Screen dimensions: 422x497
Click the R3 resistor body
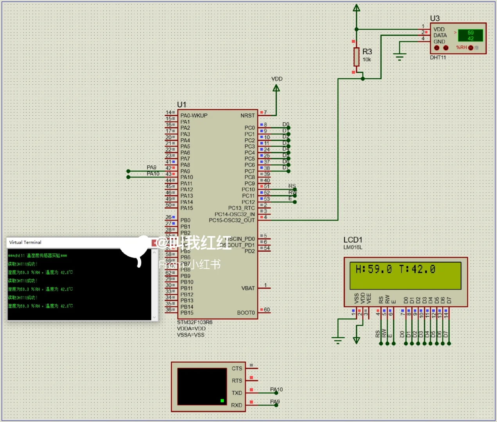click(356, 57)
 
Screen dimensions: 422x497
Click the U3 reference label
click(435, 18)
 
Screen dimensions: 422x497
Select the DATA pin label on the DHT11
click(440, 35)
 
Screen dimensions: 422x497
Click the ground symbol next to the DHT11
click(399, 57)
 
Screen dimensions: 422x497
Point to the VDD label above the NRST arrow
click(277, 79)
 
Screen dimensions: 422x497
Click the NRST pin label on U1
click(248, 116)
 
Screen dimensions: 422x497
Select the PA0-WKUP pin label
click(194, 116)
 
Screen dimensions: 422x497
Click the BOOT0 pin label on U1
click(246, 313)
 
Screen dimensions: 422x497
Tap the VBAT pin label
click(248, 288)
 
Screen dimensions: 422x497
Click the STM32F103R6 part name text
click(195, 322)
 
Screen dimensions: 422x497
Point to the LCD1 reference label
click(353, 240)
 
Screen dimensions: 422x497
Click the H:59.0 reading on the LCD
click(373, 269)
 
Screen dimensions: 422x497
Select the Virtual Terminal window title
click(25, 242)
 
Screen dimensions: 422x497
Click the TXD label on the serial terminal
click(237, 393)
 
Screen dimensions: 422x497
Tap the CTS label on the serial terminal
click(237, 368)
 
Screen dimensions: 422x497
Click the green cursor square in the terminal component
click(222, 401)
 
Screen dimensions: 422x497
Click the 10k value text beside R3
click(367, 60)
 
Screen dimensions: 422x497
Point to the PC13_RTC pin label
click(241, 208)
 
